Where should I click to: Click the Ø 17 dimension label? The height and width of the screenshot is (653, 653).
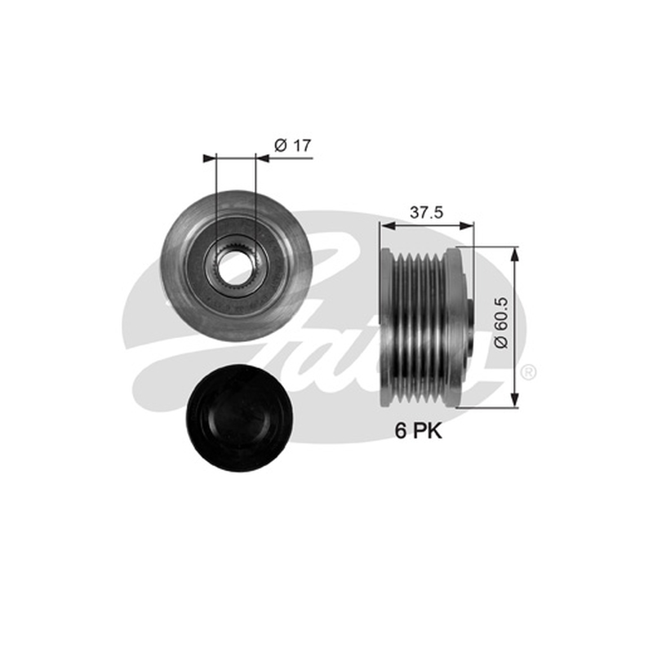293,146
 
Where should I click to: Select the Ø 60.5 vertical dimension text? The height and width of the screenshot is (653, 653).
501,322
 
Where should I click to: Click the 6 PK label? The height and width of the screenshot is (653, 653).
419,431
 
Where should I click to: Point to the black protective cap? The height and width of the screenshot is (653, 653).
239,418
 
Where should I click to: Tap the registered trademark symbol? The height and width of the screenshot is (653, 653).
528,372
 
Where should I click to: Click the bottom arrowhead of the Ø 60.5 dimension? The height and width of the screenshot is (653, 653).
516,400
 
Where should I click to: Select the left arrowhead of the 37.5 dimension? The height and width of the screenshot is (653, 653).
387,226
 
